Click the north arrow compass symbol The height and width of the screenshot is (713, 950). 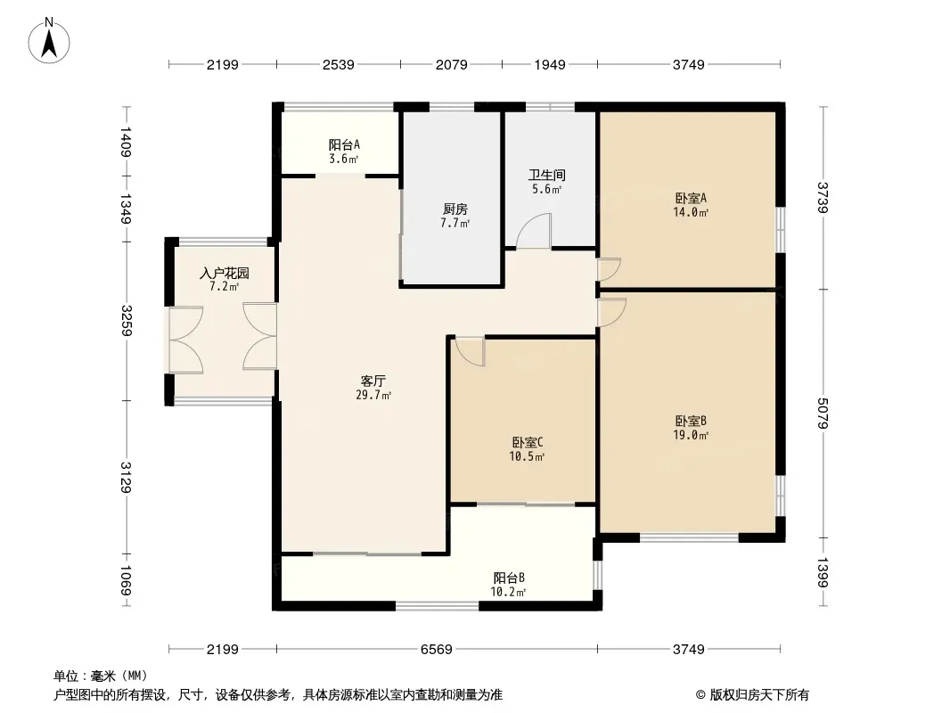[x=49, y=41]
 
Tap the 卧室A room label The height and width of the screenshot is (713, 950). [x=691, y=198]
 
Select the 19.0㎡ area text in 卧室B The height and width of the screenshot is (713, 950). [x=691, y=435]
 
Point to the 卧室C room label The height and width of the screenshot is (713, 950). [x=527, y=443]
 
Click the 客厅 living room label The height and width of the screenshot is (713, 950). [x=373, y=381]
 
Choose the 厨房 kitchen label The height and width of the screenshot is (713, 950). [x=455, y=209]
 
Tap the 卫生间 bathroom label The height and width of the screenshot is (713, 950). [x=546, y=175]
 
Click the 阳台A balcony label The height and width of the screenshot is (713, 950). [x=344, y=144]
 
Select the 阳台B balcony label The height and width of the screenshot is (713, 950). [x=508, y=578]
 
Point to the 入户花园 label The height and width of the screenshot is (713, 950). [x=225, y=274]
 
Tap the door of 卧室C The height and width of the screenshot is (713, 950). [x=471, y=351]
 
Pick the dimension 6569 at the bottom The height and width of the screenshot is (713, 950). [x=436, y=650]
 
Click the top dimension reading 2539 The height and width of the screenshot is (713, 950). [x=338, y=64]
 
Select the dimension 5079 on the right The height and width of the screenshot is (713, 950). [x=823, y=414]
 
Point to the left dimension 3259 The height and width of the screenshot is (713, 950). [x=127, y=321]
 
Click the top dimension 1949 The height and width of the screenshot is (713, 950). [x=550, y=64]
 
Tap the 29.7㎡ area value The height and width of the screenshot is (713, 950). [x=373, y=395]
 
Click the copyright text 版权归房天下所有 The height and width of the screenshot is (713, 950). [x=752, y=695]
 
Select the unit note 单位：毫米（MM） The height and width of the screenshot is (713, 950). [x=101, y=676]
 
